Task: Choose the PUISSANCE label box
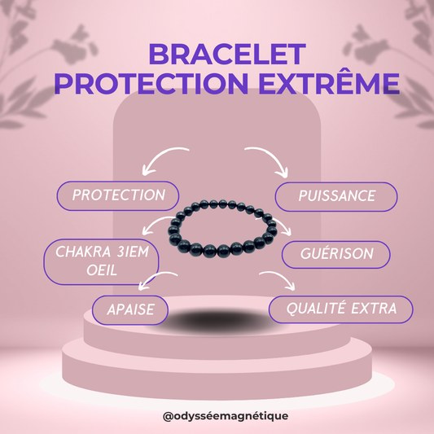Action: point(336,196)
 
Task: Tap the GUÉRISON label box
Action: point(336,254)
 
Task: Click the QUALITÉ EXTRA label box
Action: point(340,309)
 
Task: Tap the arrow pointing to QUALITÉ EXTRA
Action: point(282,282)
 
